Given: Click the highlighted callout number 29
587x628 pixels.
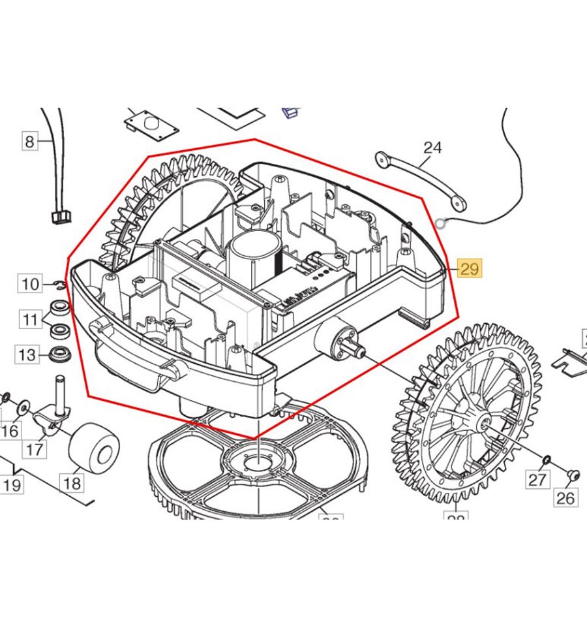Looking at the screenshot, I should [x=470, y=268].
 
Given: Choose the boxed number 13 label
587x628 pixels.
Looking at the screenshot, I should [x=27, y=355].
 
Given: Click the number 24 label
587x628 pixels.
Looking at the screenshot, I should [x=432, y=148].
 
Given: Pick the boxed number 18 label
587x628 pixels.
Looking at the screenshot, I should [x=72, y=483].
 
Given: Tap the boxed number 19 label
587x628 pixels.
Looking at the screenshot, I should [x=12, y=485].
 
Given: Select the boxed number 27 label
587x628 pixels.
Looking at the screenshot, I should [x=537, y=480].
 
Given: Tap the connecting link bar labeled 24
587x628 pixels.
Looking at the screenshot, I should [x=421, y=181].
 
